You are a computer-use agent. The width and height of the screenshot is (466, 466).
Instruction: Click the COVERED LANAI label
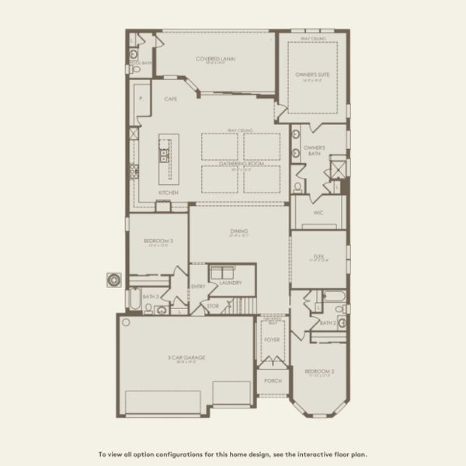[x=216, y=58]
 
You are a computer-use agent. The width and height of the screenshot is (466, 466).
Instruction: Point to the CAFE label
[x=171, y=99]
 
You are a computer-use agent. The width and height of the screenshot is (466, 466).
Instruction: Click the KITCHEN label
[x=169, y=192]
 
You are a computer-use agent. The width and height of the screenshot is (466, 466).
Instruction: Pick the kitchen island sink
[x=165, y=155]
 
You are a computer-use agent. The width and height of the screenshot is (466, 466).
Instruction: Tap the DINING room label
[x=238, y=231]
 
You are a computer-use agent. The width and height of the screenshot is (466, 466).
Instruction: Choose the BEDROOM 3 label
[x=158, y=242]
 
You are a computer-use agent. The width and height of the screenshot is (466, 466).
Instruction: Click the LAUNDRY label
[x=231, y=283]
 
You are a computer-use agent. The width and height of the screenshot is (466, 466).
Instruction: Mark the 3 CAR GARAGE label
[x=186, y=357]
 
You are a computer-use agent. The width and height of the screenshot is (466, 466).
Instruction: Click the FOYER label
[x=272, y=339]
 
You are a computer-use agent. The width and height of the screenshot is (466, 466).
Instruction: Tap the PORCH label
[x=272, y=381]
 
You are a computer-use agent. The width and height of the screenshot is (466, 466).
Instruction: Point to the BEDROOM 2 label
[x=321, y=372]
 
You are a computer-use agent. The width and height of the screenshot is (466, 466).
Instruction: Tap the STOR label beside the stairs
[x=213, y=307]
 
